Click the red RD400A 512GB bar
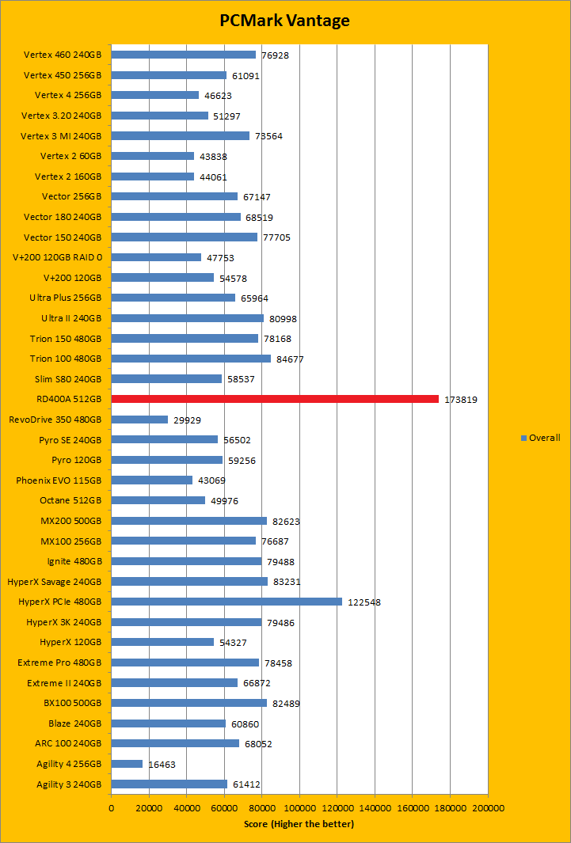click(275, 399)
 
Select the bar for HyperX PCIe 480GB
click(226, 602)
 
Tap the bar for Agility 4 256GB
click(127, 764)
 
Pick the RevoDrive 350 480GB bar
click(139, 420)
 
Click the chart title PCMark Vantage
click(284, 21)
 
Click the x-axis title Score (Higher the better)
click(299, 824)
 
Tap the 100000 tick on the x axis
click(299, 808)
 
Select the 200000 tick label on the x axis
click(488, 808)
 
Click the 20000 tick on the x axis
click(149, 808)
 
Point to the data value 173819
click(461, 400)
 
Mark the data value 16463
click(162, 765)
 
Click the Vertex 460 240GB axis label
click(63, 55)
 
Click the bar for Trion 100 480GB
click(191, 359)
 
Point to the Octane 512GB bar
click(158, 500)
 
